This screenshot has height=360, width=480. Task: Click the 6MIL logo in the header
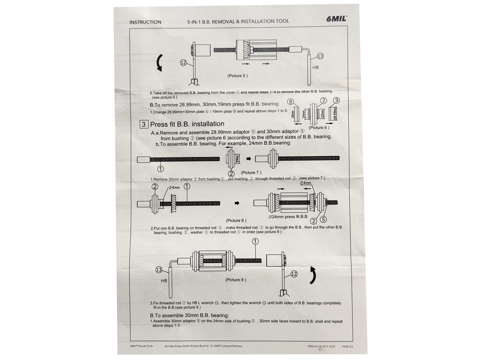pos(336,19)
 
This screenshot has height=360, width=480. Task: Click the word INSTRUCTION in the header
pos(145,22)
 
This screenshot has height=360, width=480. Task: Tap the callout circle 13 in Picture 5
pos(320,56)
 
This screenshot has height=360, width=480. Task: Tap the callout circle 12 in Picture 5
pos(183,62)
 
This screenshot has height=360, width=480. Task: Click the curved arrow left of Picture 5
pos(160,62)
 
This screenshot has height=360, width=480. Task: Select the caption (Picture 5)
pos(238,76)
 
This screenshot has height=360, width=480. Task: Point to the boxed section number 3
pos(144,125)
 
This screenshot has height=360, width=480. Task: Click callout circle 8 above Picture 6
pos(291,102)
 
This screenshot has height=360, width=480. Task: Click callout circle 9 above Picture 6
pos(336,100)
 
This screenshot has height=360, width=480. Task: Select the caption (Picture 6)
pos(319,128)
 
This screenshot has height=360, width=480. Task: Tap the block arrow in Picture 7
pos(248,159)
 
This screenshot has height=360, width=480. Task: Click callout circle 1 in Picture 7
pos(160,169)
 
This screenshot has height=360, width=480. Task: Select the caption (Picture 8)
pos(236,221)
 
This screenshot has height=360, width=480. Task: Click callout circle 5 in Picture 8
pos(323,219)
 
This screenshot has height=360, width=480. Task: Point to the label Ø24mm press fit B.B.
pos(288,217)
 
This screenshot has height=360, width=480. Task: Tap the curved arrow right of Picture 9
pos(313,275)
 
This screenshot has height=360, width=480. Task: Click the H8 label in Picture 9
pos(164,281)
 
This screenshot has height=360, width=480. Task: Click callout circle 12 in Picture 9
pos(294,274)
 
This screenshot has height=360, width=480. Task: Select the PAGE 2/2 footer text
pos(347,346)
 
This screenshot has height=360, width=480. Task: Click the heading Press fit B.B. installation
pos(187,124)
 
